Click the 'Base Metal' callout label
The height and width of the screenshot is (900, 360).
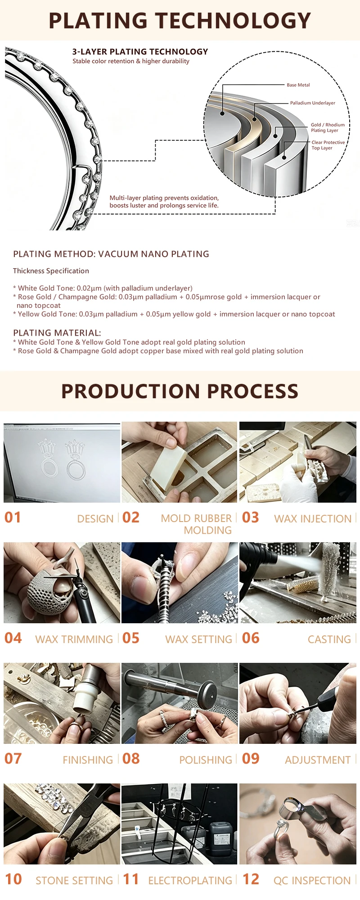(x=298, y=85)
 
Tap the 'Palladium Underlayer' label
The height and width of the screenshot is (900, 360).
(x=313, y=103)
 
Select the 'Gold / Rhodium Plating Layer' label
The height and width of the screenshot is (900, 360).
(x=328, y=128)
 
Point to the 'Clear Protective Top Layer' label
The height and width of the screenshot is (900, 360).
(x=328, y=145)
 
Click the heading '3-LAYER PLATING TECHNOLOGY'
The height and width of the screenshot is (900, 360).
(x=140, y=52)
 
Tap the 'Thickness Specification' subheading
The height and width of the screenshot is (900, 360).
(x=51, y=271)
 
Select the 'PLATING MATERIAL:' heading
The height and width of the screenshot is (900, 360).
(x=57, y=333)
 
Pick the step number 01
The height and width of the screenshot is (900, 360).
(x=13, y=517)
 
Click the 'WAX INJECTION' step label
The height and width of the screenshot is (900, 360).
(x=313, y=519)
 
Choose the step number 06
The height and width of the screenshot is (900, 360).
(x=251, y=638)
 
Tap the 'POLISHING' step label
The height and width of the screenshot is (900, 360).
(x=206, y=760)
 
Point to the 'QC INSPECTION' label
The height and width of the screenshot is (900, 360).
(x=312, y=881)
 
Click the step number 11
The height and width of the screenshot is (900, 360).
(x=131, y=879)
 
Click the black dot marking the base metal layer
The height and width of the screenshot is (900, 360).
(x=222, y=113)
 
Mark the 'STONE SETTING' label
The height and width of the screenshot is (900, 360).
(x=74, y=881)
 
